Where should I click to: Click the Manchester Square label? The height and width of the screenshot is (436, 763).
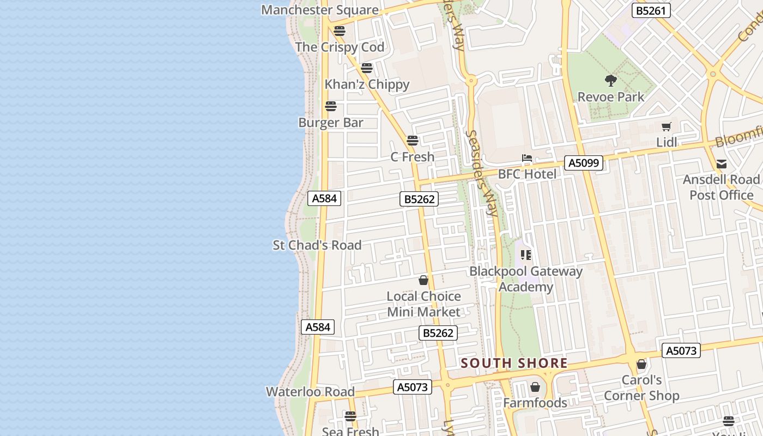[x=320, y=10]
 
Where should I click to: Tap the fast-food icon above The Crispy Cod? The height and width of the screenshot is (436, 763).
[x=340, y=31]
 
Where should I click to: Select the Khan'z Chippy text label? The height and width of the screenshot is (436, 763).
[x=367, y=84]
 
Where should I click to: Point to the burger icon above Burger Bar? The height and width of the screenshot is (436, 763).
[x=331, y=106]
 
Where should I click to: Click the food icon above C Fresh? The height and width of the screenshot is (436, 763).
[x=413, y=141]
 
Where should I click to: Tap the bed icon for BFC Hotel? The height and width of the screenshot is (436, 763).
[x=526, y=159]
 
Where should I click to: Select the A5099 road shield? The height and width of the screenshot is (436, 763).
[x=583, y=162]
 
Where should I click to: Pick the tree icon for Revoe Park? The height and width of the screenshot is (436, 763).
[x=611, y=81]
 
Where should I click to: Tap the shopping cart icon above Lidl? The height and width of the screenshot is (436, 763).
[x=666, y=127]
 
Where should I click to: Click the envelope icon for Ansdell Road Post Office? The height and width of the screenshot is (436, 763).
[x=722, y=164]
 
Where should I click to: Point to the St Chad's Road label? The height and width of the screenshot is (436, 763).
[x=317, y=245]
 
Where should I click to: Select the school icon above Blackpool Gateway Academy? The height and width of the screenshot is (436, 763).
[x=526, y=255]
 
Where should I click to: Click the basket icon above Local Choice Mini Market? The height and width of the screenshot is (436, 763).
[x=423, y=281]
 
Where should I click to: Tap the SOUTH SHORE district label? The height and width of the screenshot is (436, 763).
[x=514, y=363]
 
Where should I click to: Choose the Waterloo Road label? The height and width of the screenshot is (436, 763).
[x=310, y=392]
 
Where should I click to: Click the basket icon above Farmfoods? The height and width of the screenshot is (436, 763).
[x=535, y=387]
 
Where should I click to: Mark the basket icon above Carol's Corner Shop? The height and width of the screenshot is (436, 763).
[x=641, y=364]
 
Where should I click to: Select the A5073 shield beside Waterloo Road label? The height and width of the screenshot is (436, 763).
[x=412, y=387]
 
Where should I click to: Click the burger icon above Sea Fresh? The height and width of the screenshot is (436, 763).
[x=350, y=416]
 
